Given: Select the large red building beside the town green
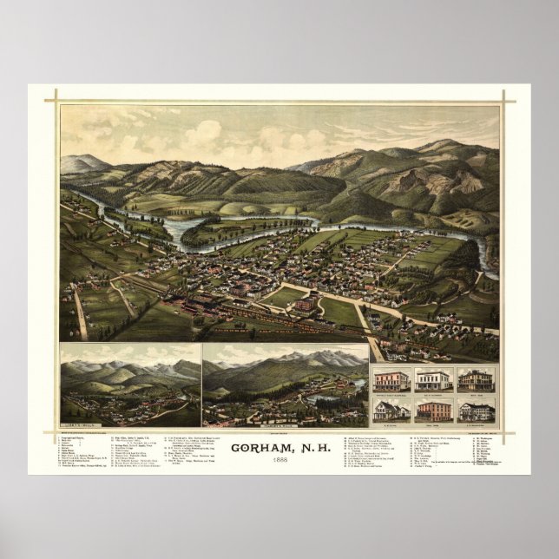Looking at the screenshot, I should coord(305,304).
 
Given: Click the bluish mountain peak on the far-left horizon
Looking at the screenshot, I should coord(84,161).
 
